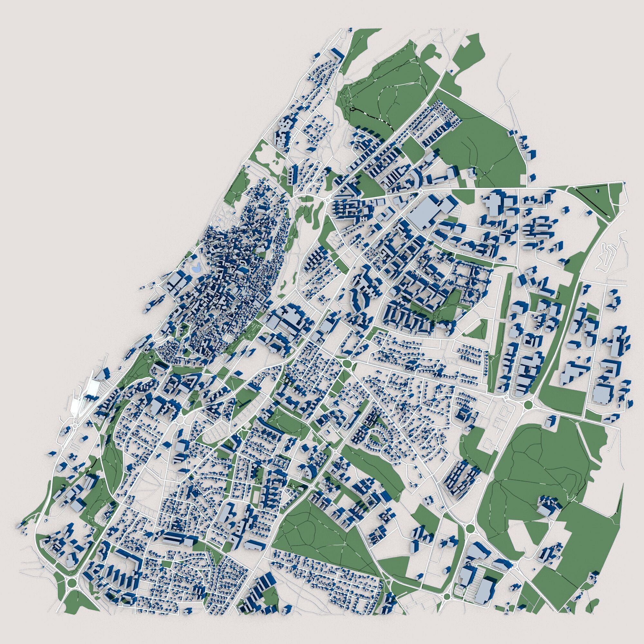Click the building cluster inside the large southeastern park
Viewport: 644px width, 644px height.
pyautogui.click(x=549, y=511)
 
